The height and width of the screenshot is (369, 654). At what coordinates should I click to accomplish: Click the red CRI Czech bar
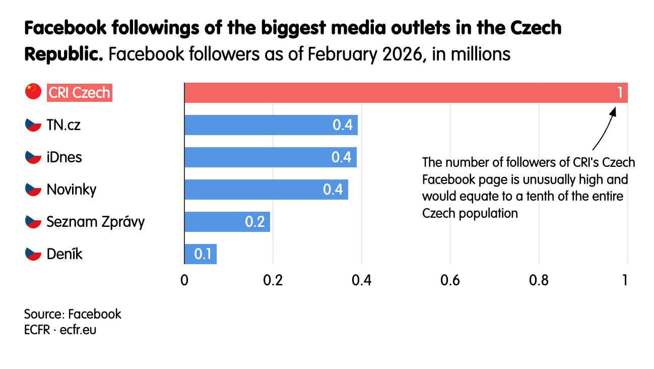(x=406, y=93)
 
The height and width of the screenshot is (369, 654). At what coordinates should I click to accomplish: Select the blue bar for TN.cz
(x=271, y=125)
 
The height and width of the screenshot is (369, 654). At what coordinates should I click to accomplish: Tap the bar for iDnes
(x=271, y=157)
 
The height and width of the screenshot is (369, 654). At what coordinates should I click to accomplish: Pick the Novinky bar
(x=266, y=190)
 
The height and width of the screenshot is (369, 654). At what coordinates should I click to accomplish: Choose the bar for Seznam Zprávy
(x=227, y=222)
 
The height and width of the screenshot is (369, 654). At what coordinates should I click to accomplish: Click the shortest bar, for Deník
(x=201, y=254)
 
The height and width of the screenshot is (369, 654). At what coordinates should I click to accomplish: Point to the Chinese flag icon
(x=33, y=91)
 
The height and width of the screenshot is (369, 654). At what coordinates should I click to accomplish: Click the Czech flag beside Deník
(x=33, y=254)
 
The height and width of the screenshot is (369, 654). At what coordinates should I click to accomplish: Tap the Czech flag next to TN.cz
(x=33, y=125)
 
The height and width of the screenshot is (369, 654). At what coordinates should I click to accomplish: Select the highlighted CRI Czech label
(x=80, y=93)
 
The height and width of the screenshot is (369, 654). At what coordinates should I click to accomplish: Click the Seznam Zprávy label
(x=95, y=222)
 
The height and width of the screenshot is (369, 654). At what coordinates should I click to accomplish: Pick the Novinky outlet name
(x=72, y=190)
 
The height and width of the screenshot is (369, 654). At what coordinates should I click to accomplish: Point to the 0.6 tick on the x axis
(x=450, y=280)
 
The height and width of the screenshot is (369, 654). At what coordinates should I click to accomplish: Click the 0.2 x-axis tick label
(x=273, y=280)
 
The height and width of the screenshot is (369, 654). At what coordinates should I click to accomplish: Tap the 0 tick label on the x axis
(x=184, y=280)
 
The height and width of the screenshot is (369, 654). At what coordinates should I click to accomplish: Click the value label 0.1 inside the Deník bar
(x=203, y=254)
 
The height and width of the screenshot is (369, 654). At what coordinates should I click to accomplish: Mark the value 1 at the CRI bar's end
(x=620, y=93)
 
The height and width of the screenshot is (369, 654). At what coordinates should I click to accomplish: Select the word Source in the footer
(x=43, y=315)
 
